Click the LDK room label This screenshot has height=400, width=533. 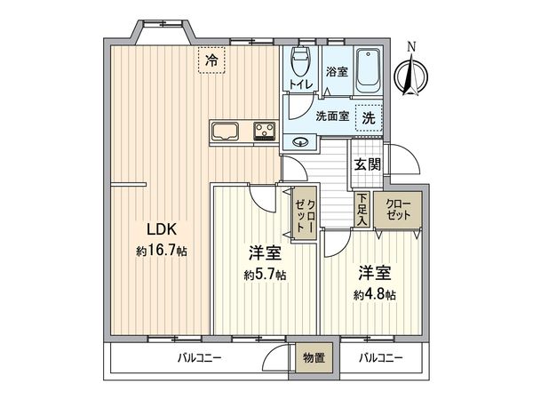pyautogui.click(x=162, y=229)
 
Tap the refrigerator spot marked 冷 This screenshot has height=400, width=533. pyautogui.click(x=211, y=60)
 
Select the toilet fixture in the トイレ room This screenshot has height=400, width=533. pyautogui.click(x=300, y=62)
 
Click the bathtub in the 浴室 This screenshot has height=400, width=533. pyautogui.click(x=368, y=71)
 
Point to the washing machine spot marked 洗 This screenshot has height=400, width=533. pyautogui.click(x=369, y=118)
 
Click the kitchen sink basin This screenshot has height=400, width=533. pyautogui.click(x=225, y=131)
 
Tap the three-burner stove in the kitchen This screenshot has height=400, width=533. pyautogui.click(x=264, y=131)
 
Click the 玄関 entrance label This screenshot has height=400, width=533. pyautogui.click(x=368, y=164)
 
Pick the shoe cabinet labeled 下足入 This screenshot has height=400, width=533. pyautogui.click(x=362, y=209)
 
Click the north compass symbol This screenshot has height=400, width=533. pyautogui.click(x=411, y=73)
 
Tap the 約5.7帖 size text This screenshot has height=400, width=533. pyautogui.click(x=265, y=275)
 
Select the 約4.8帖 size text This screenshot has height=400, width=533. pyautogui.click(x=375, y=294)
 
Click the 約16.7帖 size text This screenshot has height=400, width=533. pyautogui.click(x=162, y=251)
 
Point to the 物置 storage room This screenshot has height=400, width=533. pyautogui.click(x=314, y=358)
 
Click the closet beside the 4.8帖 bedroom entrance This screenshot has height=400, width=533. pyautogui.click(x=398, y=210)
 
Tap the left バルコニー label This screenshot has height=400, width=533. pyautogui.click(x=200, y=358)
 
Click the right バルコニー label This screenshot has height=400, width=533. pyautogui.click(x=381, y=358)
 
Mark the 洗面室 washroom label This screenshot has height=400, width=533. pyautogui.click(x=332, y=116)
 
